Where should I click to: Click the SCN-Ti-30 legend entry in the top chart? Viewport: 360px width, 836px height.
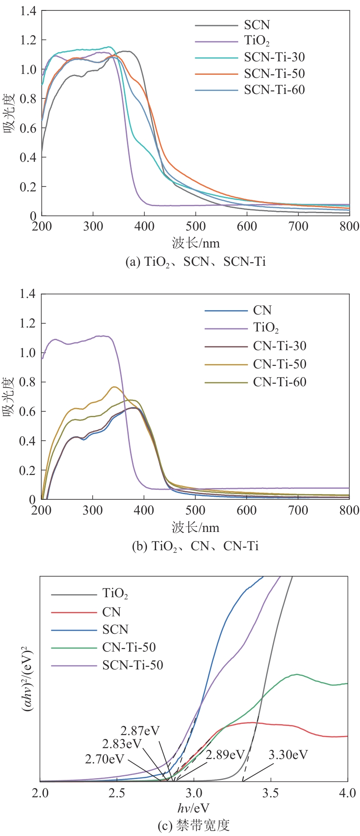click(x=274, y=57)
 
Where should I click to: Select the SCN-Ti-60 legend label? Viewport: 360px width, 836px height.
click(x=274, y=90)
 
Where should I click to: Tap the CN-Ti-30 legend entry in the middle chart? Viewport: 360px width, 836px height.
click(x=280, y=346)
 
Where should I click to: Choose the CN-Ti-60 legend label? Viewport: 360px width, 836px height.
click(x=280, y=382)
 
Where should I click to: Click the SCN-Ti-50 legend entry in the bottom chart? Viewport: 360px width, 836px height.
click(x=133, y=665)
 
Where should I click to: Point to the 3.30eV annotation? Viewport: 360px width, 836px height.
click(x=288, y=755)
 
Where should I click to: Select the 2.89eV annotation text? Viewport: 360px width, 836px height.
click(x=225, y=755)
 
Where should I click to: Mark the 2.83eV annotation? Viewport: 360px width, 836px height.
click(x=122, y=744)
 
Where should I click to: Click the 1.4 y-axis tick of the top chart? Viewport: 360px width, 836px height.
click(x=28, y=11)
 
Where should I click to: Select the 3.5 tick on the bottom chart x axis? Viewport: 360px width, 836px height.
click(x=270, y=793)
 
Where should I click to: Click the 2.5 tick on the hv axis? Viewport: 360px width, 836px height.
click(x=117, y=793)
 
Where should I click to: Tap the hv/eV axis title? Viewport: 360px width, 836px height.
click(x=193, y=808)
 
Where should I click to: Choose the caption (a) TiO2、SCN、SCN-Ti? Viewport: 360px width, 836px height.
click(x=195, y=261)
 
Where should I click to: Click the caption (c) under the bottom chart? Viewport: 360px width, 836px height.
click(x=193, y=825)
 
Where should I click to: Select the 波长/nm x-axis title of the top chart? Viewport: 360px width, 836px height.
click(x=196, y=243)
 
